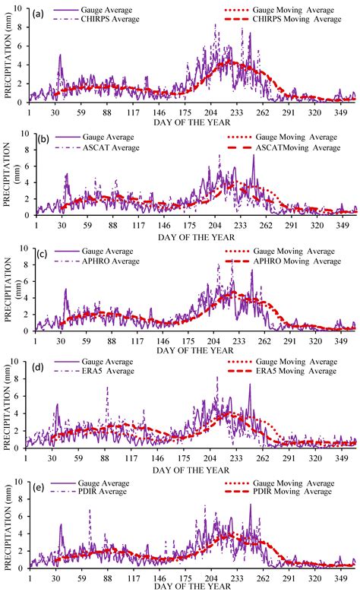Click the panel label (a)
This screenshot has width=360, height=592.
tap(36, 13)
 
